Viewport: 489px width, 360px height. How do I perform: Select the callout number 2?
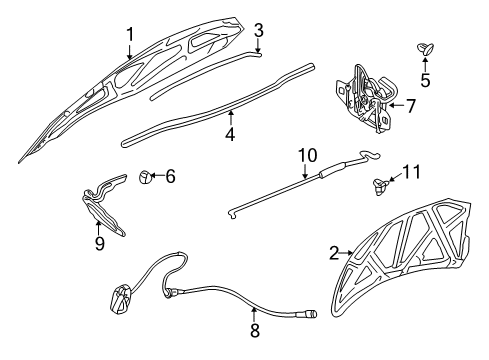click(332, 254)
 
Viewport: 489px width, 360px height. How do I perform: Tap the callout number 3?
click(258, 30)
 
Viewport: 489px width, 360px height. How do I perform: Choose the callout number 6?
click(170, 176)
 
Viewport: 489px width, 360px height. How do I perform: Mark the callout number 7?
click(410, 104)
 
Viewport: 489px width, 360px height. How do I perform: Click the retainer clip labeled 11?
click(379, 183)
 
